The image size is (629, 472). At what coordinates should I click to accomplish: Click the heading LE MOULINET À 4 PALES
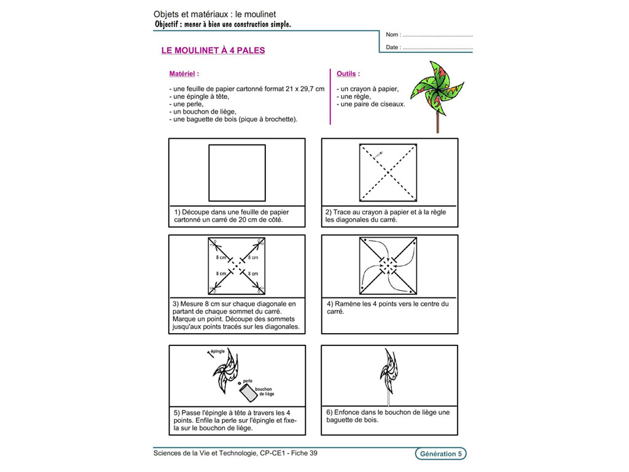[213, 50]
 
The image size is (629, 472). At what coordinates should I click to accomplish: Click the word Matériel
[182, 73]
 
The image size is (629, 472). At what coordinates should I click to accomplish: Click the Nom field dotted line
[437, 35]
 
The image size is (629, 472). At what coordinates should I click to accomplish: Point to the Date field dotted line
[437, 47]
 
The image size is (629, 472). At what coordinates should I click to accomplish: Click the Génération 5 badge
[440, 454]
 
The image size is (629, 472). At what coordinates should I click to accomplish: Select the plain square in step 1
[237, 173]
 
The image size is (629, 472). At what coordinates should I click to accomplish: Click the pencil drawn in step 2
[378, 153]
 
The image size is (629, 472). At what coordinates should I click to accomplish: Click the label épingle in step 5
[218, 351]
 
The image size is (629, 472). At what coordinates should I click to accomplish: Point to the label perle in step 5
[248, 381]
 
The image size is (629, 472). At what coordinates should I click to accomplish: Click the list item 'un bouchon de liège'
[204, 112]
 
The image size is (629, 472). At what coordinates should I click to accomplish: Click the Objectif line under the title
[224, 25]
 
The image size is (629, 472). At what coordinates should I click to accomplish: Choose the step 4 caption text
[387, 307]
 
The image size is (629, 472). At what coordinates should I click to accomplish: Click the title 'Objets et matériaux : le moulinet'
[214, 14]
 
